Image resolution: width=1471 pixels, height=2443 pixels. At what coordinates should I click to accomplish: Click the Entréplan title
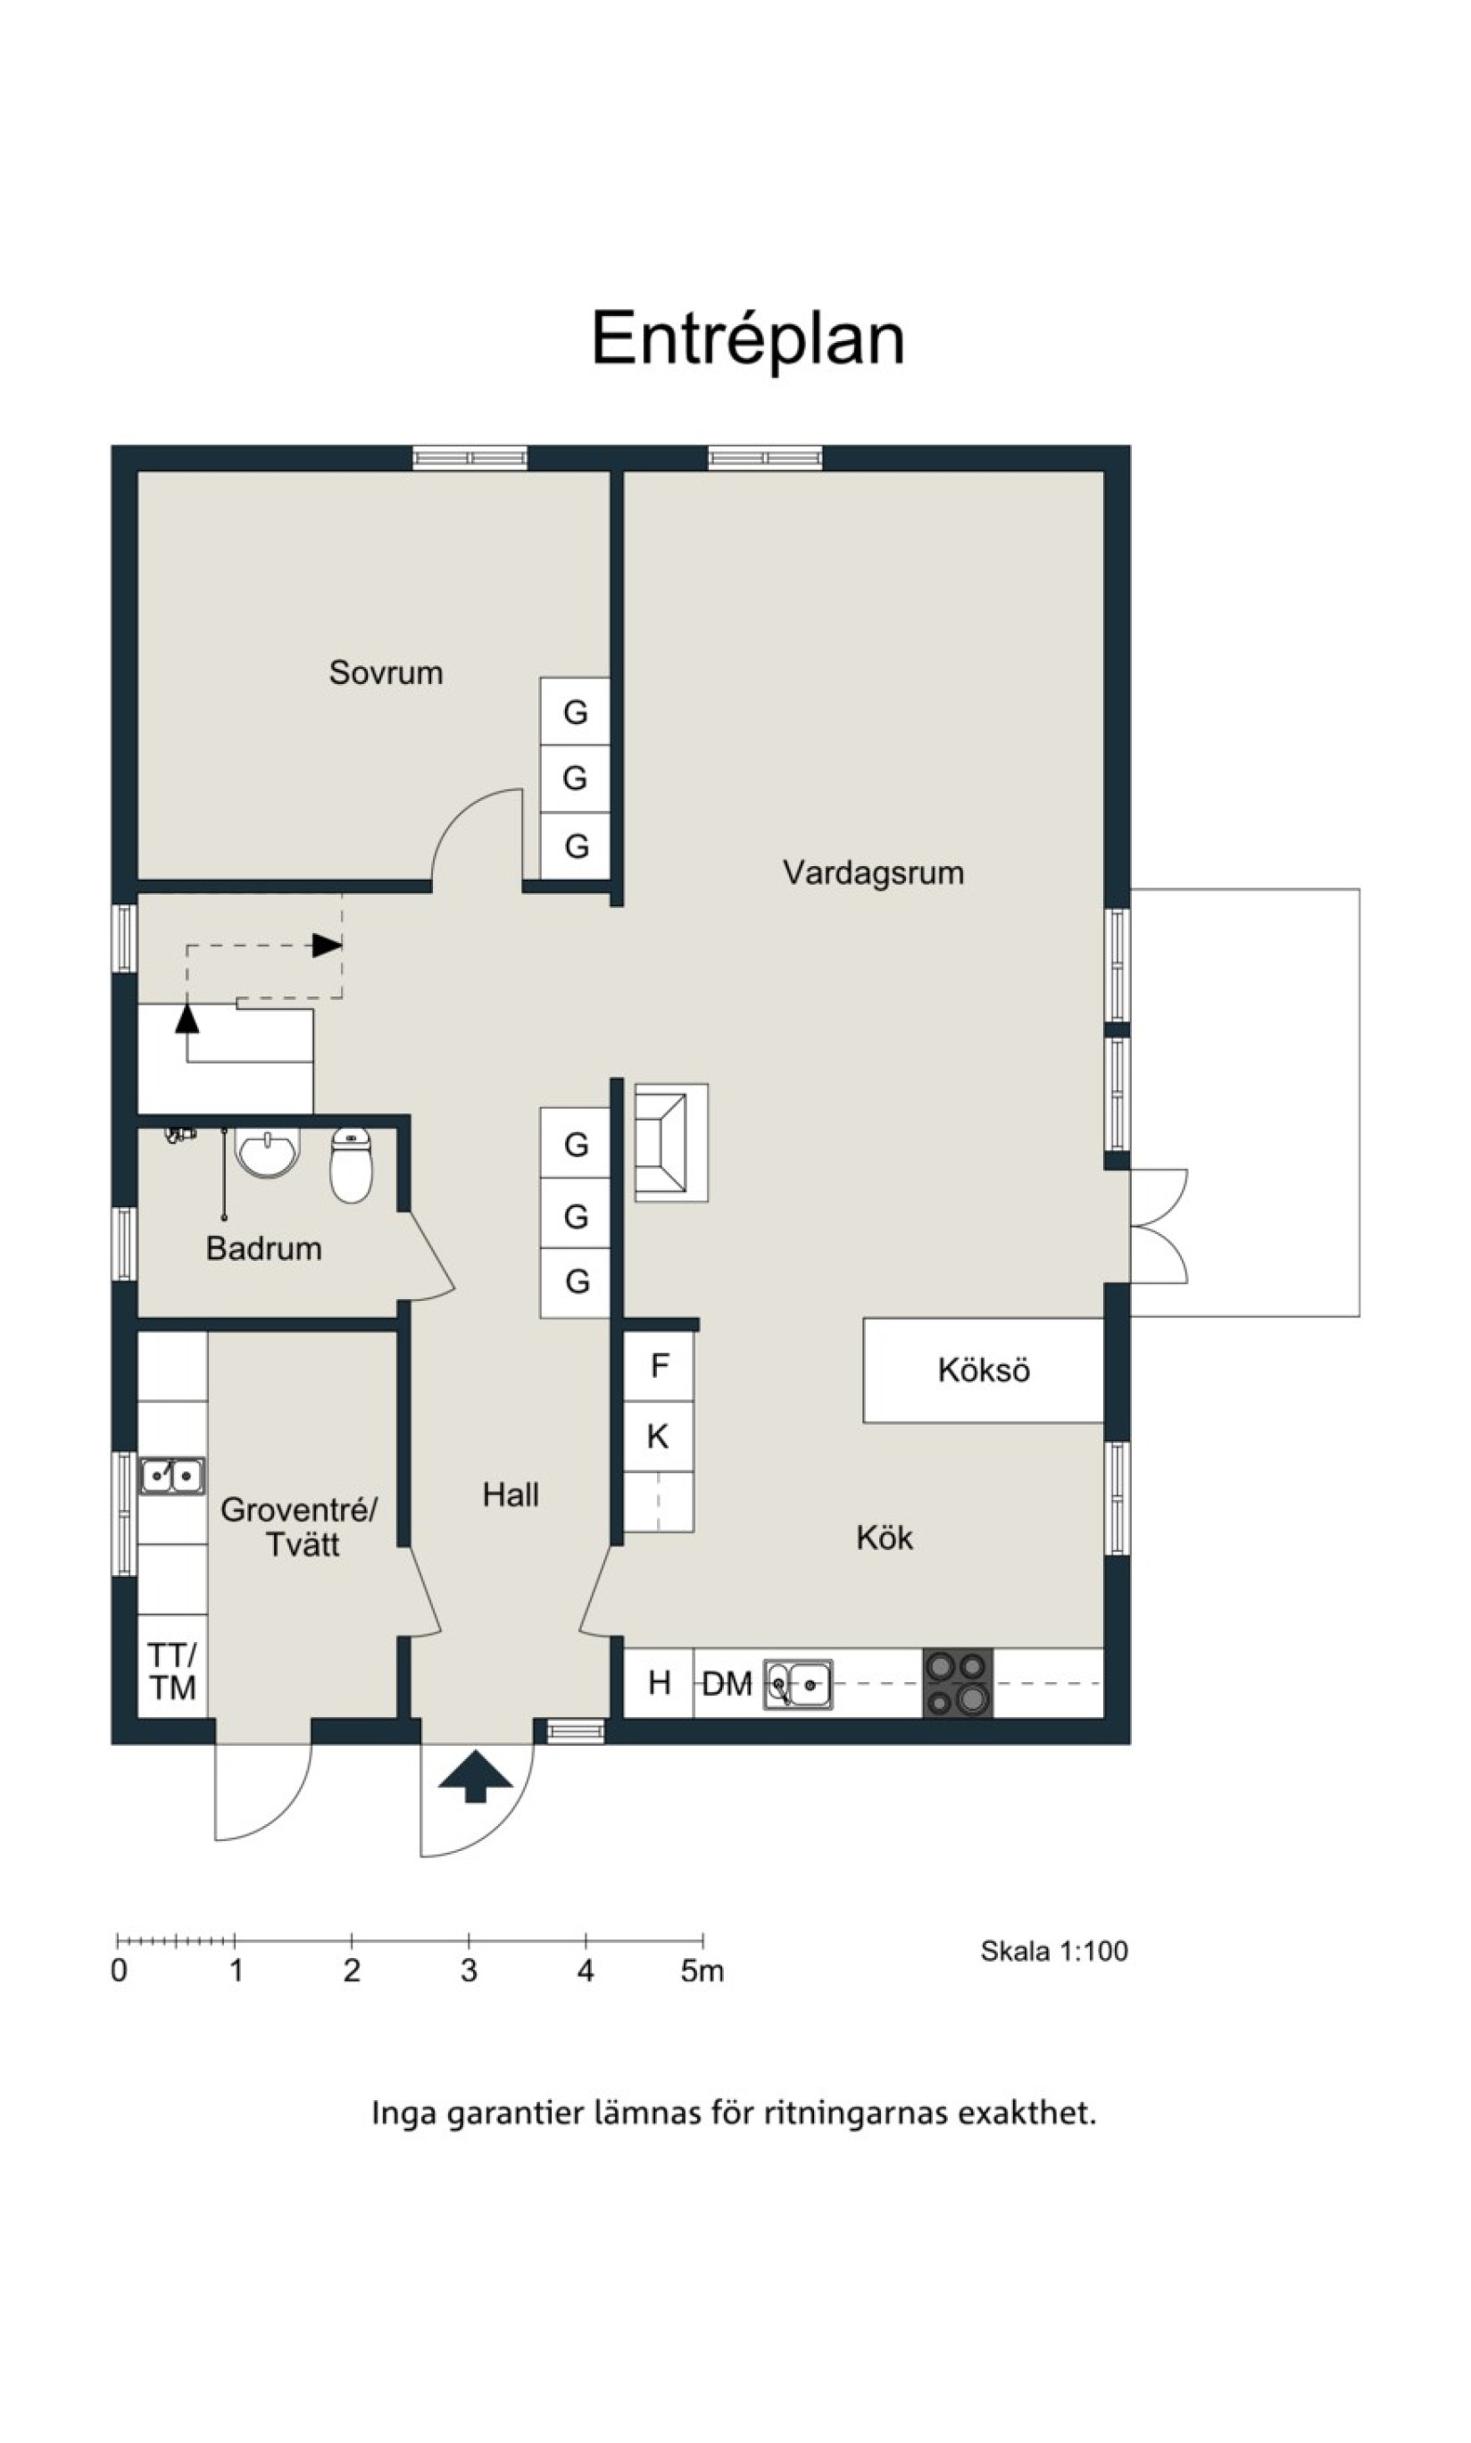(x=748, y=339)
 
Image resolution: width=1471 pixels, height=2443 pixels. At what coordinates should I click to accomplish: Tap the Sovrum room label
(x=386, y=672)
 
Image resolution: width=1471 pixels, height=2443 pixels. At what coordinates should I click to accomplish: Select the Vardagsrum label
(x=873, y=872)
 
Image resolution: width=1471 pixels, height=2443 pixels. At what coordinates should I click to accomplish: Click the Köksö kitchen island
(x=984, y=1371)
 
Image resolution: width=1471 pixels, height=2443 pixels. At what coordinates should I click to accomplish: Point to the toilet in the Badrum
(x=351, y=1165)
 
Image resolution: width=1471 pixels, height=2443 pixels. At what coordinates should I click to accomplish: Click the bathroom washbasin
(x=267, y=1152)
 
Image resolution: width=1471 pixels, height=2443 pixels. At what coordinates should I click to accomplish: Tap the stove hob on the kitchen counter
(x=958, y=1682)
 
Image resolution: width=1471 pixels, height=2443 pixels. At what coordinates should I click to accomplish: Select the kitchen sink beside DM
(x=798, y=1683)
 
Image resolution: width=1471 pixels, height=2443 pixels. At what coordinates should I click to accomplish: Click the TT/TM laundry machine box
(x=172, y=1671)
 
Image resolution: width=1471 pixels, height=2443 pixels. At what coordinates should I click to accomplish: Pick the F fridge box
(x=658, y=1366)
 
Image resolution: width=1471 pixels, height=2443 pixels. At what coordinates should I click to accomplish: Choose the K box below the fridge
(x=658, y=1436)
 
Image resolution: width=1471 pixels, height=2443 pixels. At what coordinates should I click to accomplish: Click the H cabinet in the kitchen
(x=658, y=1682)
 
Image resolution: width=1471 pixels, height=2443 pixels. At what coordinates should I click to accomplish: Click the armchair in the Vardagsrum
(x=671, y=1142)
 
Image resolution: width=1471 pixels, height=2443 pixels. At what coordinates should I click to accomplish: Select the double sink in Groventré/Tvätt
(x=172, y=1476)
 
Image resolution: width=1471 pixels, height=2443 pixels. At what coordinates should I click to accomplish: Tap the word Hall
(x=511, y=1494)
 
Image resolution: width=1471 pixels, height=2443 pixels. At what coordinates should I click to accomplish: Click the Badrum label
(x=263, y=1247)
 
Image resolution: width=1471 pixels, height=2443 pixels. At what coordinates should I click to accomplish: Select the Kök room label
(x=885, y=1537)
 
